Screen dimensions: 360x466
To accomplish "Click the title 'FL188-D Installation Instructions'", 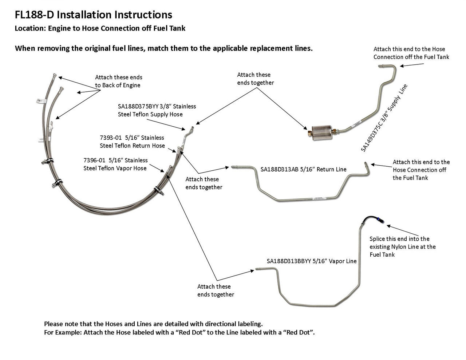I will tap(93, 15).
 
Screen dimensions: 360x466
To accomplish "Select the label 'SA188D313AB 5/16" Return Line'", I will tap(303, 169).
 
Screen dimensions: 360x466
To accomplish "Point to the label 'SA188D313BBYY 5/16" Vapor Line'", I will tap(311, 261).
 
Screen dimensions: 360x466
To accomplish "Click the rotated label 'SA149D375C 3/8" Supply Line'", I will tap(384, 118).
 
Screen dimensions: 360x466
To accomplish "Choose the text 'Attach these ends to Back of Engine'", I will tap(118, 81).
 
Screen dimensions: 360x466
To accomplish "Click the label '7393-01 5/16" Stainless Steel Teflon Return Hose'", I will tap(132, 142).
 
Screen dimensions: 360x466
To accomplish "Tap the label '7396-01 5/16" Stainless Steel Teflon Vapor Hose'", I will tap(115, 164).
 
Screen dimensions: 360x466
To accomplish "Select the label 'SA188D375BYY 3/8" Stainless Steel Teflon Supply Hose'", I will tap(157, 110).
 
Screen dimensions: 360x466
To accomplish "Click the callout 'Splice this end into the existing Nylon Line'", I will tap(402, 246).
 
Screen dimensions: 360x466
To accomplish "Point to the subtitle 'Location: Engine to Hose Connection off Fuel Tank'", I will tap(100, 28).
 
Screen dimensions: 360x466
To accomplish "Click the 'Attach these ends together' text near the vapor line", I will tap(216, 290).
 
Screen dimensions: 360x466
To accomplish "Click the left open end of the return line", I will tap(233, 167).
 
